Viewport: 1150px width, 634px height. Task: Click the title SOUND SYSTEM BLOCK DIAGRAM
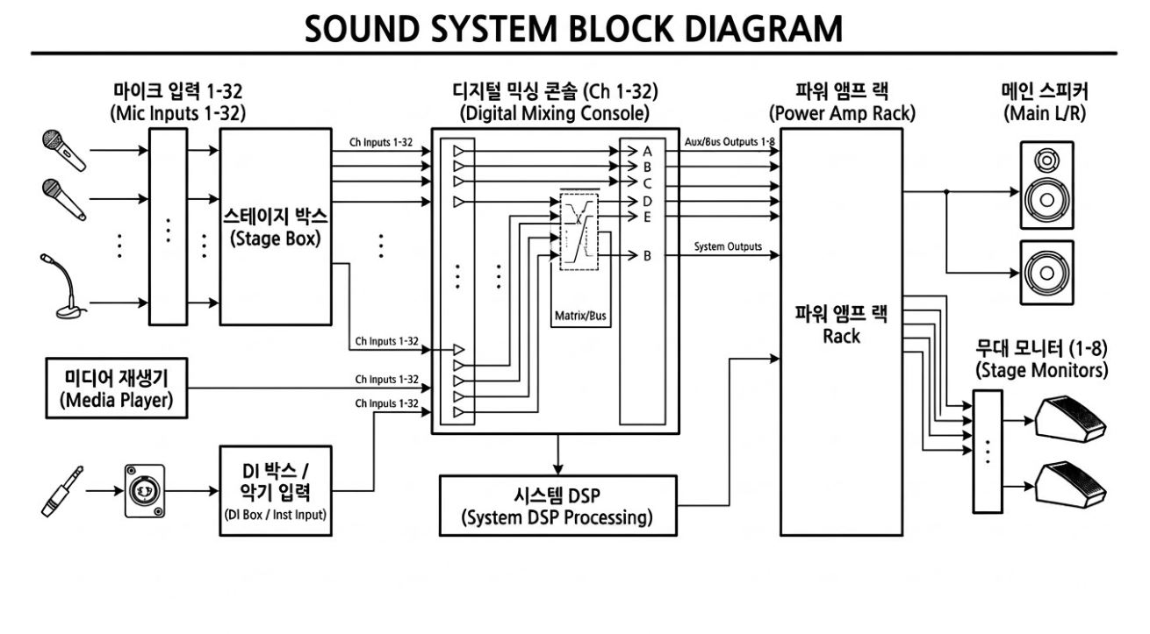[x=573, y=28]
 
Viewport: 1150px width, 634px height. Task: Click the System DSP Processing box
[x=557, y=506]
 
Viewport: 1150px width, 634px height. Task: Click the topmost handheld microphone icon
[x=64, y=149]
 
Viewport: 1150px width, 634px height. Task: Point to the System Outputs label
[x=728, y=246]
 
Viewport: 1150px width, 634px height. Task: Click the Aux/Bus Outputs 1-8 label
[x=729, y=142]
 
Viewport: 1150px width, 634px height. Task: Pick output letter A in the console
[x=647, y=151]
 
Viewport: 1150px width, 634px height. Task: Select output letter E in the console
[x=647, y=216]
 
